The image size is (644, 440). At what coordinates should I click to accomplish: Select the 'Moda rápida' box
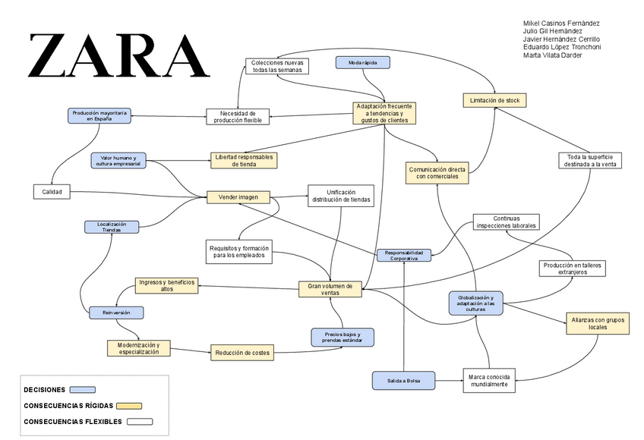[363, 62]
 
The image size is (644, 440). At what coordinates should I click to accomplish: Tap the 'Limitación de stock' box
[494, 100]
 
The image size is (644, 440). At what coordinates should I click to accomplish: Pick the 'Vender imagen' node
[238, 197]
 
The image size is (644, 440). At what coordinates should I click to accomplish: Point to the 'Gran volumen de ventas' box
[330, 289]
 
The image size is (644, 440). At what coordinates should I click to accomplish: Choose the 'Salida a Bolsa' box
[403, 379]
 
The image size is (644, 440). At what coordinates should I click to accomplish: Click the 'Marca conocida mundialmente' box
[491, 380]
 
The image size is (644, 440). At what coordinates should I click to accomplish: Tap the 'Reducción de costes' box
[241, 351]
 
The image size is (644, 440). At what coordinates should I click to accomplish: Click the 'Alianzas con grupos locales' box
[598, 323]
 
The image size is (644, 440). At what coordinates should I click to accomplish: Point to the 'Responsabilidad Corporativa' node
[408, 256]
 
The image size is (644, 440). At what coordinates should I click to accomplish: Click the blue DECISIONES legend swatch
[82, 389]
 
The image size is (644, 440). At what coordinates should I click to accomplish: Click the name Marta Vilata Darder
[552, 55]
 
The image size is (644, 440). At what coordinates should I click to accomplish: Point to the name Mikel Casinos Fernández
[561, 23]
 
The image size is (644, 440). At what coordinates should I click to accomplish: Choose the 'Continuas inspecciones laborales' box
[504, 222]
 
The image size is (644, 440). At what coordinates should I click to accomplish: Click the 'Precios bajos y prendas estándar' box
[343, 338]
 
